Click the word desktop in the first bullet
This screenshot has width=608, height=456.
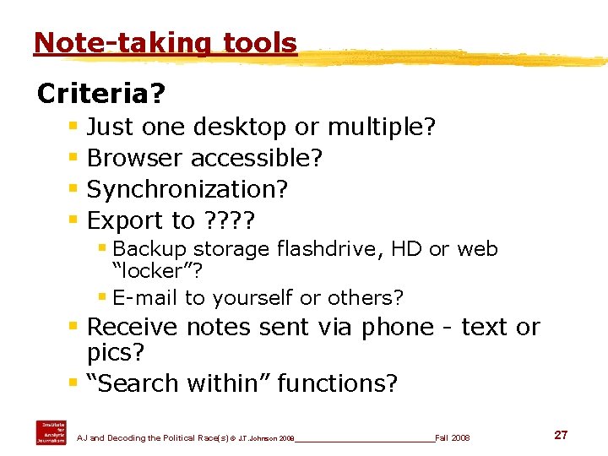click(x=240, y=128)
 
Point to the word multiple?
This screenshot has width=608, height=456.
click(x=381, y=127)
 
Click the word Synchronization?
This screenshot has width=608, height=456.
click(x=187, y=189)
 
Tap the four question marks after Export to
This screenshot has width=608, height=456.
click(x=229, y=220)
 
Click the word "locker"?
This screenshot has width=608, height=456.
click(x=158, y=271)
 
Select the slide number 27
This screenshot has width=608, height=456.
click(x=561, y=435)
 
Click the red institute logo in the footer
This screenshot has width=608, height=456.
click(x=51, y=432)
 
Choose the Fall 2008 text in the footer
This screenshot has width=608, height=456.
click(x=453, y=438)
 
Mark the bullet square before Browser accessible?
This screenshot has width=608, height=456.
click(x=73, y=157)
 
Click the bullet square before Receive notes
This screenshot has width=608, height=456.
click(x=73, y=326)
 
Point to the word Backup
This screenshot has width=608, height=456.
click(x=149, y=249)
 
